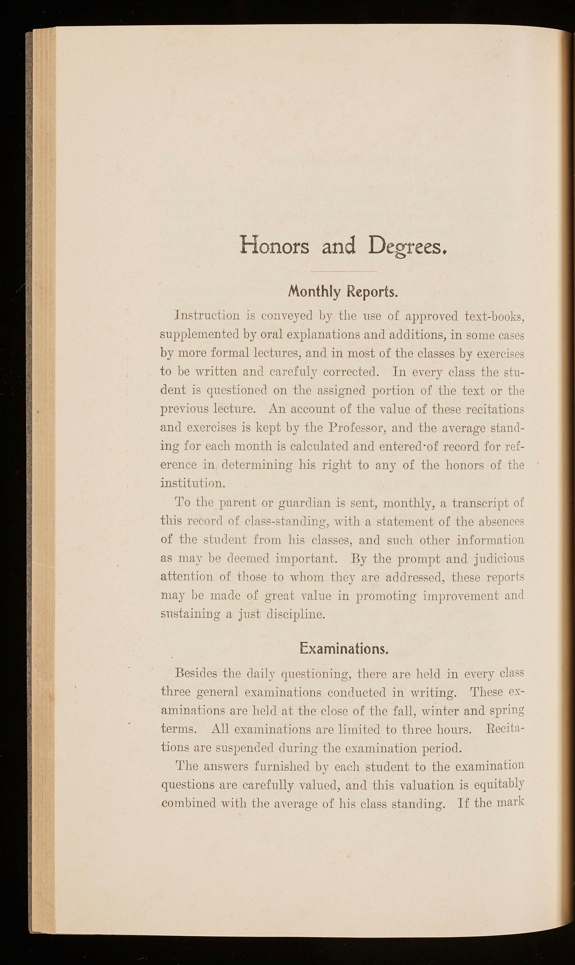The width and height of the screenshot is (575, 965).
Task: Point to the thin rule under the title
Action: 344,272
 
